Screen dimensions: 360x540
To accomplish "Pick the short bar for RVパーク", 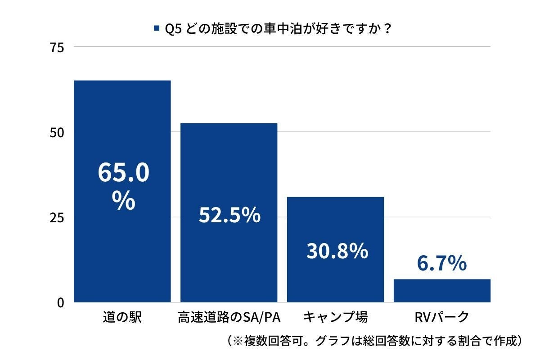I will (442, 291).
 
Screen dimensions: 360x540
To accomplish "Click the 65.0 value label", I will (123, 173).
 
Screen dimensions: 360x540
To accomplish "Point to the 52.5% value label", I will (229, 215).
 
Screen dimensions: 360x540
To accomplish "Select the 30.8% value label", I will (337, 251).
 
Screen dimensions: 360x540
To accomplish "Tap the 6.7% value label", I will (441, 264).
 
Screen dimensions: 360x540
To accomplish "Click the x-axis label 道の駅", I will (122, 317).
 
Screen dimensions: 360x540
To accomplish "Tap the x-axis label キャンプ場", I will (335, 317).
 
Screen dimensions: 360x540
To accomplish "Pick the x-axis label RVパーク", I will (441, 317).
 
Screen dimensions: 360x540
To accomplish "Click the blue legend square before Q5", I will (157, 28).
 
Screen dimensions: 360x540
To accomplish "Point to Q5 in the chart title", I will (173, 28).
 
